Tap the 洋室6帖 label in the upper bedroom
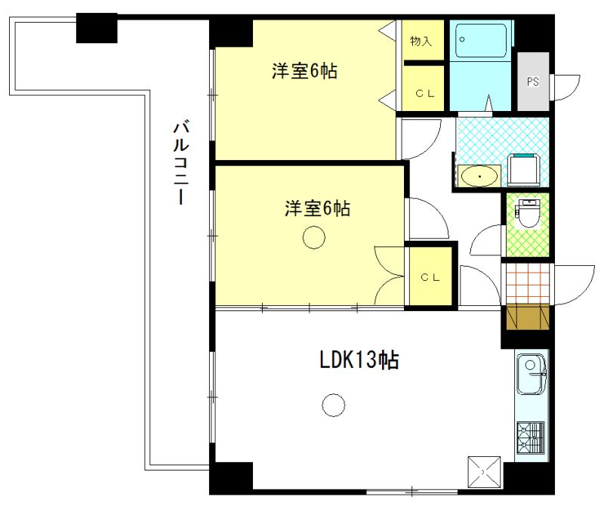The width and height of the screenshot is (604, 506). pos(304,72)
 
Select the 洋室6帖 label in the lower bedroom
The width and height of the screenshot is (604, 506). pos(316,209)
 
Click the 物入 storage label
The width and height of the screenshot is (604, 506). pos(421,42)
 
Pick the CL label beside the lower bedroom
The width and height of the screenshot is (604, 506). pos(430,277)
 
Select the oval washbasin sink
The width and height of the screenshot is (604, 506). pos(479,176)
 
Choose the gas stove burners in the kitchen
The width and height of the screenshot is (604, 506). pos(532,437)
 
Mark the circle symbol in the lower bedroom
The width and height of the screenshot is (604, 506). pos(313,239)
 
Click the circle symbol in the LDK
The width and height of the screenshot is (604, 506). pos(331,406)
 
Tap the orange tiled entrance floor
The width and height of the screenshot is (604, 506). pos(526,281)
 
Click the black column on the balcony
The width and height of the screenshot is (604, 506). pos(97,29)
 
